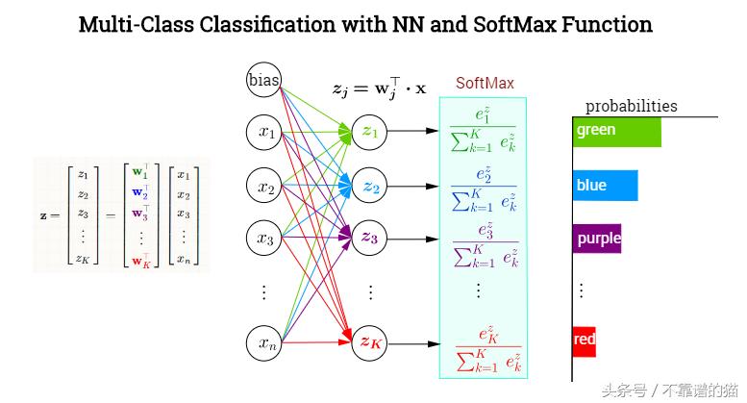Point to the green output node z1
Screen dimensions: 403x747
coord(370,133)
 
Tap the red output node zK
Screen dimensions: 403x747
coord(370,341)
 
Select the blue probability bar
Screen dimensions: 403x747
coord(605,185)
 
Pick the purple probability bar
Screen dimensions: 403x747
coord(597,238)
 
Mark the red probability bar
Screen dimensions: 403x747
coord(584,340)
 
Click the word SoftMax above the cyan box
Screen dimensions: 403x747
coord(485,84)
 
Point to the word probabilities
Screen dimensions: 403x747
coord(631,106)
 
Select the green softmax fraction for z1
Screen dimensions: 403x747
coord(483,131)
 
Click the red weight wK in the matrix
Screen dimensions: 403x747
coord(140,260)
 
